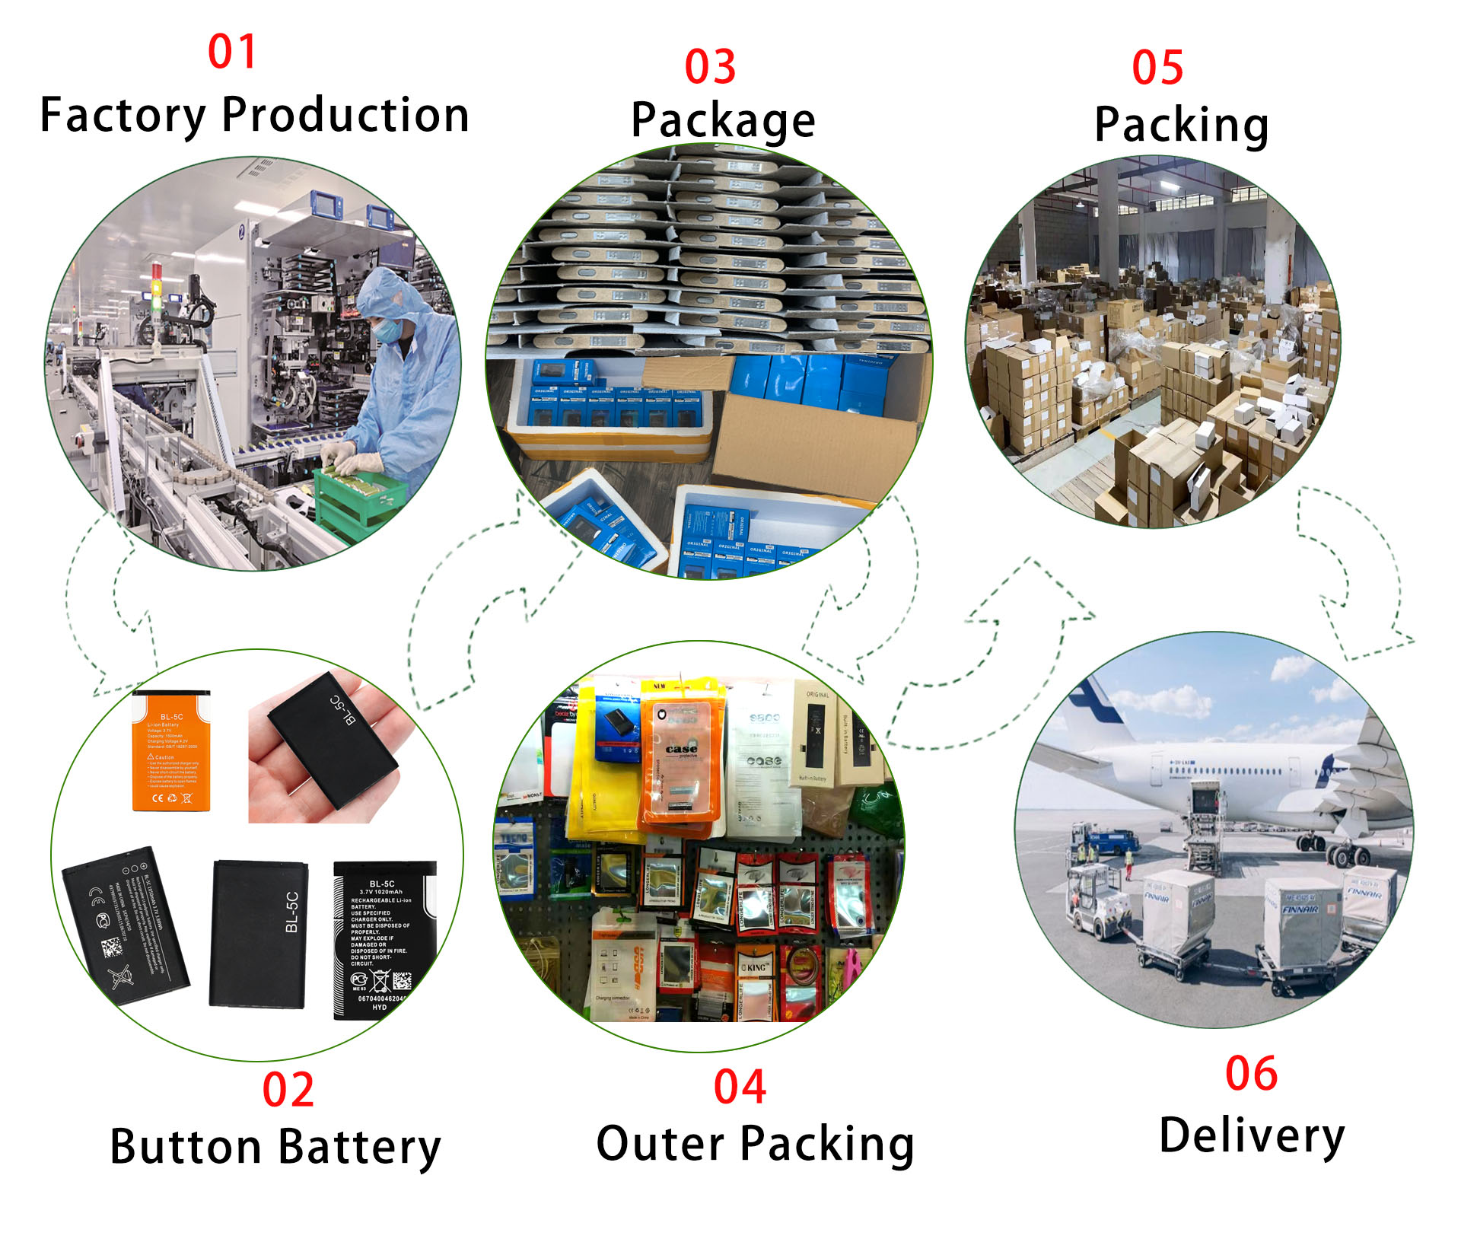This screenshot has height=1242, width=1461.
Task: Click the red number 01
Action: click(x=232, y=52)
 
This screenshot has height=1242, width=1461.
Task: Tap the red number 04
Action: click(x=740, y=1086)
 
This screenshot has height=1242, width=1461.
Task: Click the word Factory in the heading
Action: click(x=123, y=116)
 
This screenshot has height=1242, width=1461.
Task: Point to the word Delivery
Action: click(x=1252, y=1135)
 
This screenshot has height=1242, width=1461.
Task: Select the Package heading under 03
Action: click(x=723, y=120)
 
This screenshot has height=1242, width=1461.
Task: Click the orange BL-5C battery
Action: click(x=171, y=751)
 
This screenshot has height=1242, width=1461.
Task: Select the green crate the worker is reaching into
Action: click(x=358, y=498)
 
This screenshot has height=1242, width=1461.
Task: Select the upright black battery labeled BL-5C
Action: click(x=259, y=934)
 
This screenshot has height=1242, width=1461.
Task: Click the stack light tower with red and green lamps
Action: click(x=158, y=289)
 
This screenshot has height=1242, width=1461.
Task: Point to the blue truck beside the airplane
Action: click(x=1107, y=841)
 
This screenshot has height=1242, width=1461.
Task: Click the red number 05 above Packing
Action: click(x=1157, y=67)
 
